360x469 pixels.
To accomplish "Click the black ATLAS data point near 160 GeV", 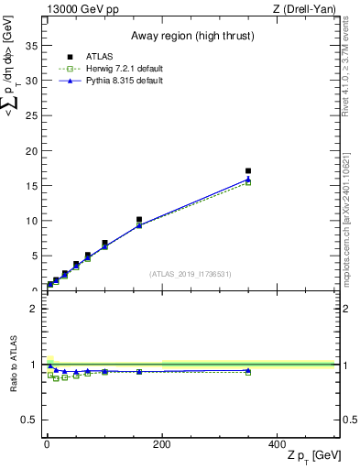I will pyautogui.click(x=139, y=220).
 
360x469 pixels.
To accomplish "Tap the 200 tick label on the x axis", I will pyautogui.click(x=162, y=444).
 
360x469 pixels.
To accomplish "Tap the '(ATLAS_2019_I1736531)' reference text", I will pyautogui.click(x=191, y=274).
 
